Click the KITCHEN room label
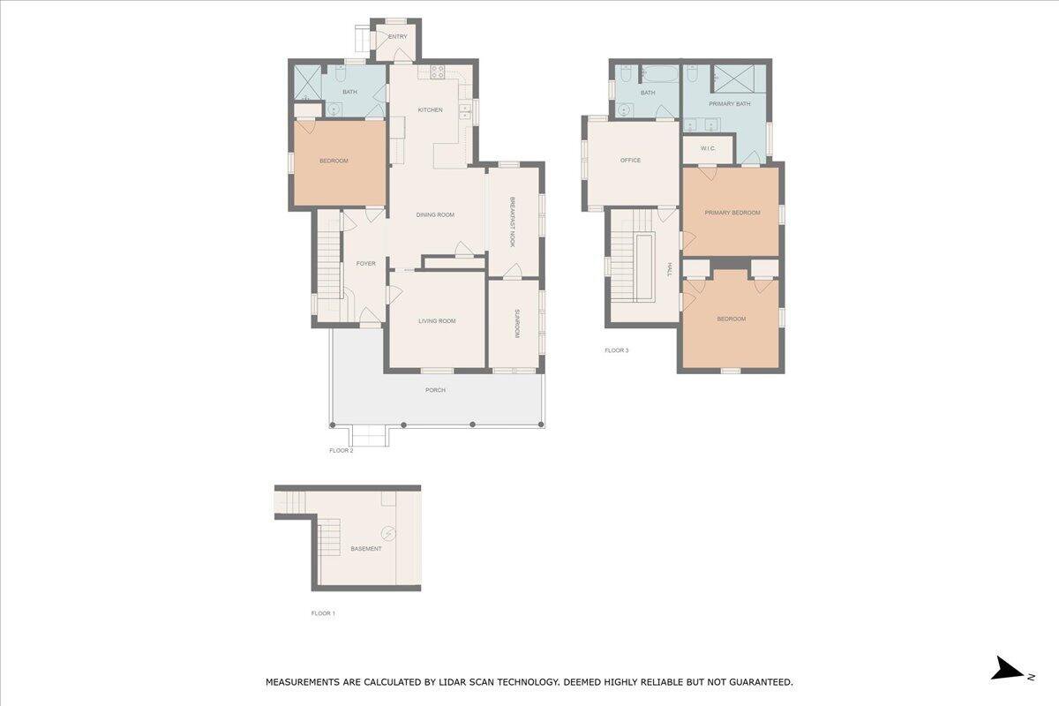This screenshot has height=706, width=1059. point(431,109)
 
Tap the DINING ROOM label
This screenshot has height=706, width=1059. point(435,214)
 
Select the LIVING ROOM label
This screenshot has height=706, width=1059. point(437,321)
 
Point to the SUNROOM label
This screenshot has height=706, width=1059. point(517,324)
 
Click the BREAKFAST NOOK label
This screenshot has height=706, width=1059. point(512,222)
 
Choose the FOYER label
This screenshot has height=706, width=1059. point(366,263)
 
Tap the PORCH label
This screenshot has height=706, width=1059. point(435,390)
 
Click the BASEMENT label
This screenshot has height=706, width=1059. point(366,549)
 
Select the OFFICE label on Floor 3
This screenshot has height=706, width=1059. point(630,161)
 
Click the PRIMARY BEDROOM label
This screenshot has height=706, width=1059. point(732,213)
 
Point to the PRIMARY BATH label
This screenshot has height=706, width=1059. point(730,103)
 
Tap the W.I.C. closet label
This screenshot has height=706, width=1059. point(708,148)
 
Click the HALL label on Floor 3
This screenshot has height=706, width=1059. point(669,270)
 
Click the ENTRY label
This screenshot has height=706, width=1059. point(398,36)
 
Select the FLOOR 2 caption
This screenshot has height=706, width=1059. point(342,451)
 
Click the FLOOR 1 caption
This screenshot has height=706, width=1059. point(323,613)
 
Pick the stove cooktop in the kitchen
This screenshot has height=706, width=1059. point(438,71)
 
